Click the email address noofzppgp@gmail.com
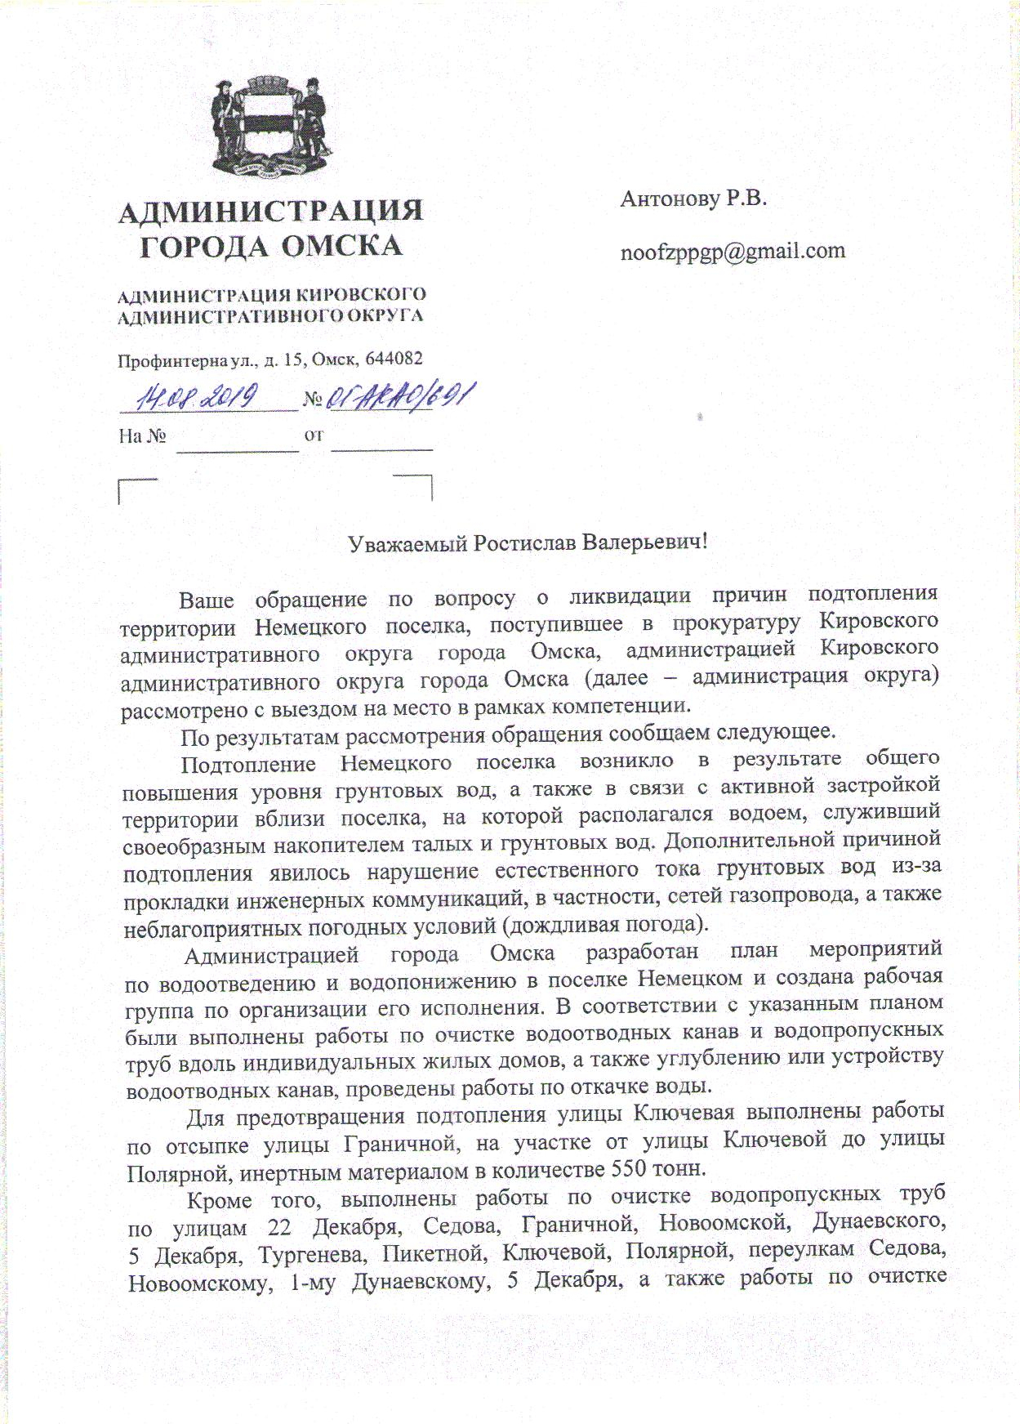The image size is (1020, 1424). click(733, 251)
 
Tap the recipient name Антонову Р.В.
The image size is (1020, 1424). click(693, 199)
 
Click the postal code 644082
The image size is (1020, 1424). click(395, 359)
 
